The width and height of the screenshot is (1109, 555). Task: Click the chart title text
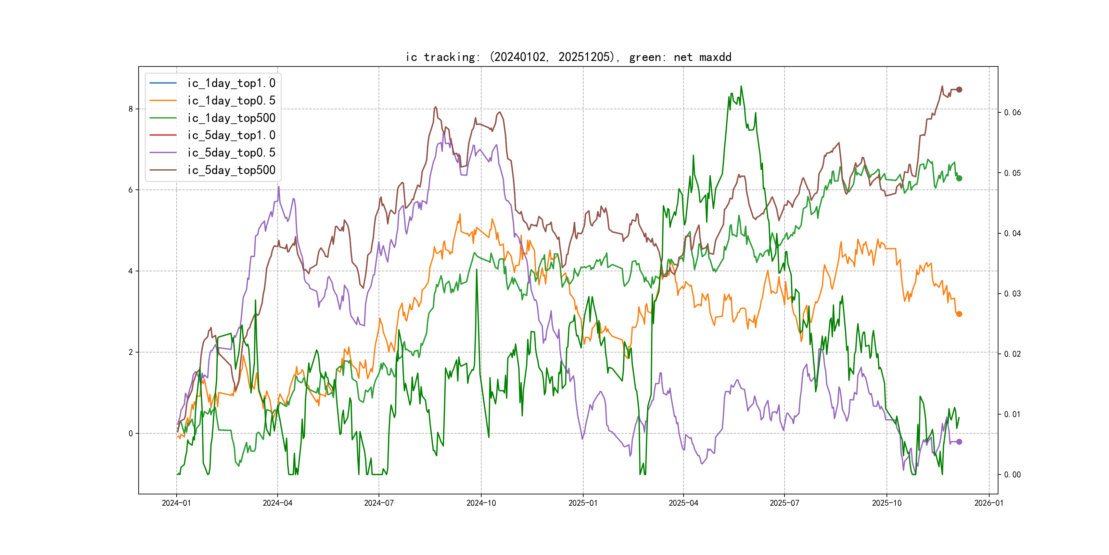point(568,57)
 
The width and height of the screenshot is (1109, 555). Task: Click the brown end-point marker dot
point(959,90)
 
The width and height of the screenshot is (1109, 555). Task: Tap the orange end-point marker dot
point(959,314)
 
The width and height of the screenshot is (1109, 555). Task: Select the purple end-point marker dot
point(959,442)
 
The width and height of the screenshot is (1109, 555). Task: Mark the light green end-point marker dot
point(959,178)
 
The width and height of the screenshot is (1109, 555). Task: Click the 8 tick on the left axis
point(130,109)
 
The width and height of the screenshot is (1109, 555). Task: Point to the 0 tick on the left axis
point(130,433)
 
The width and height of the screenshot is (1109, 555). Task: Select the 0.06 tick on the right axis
point(1012,112)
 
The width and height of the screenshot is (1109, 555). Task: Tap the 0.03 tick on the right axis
point(1012,294)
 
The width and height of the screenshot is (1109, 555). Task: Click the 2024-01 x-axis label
point(176,503)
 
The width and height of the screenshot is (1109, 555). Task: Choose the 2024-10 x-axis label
point(481,503)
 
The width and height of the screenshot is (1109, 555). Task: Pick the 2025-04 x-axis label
point(683,503)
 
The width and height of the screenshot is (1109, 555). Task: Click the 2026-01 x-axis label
point(989,503)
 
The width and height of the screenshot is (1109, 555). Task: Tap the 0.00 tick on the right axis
point(1012,474)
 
